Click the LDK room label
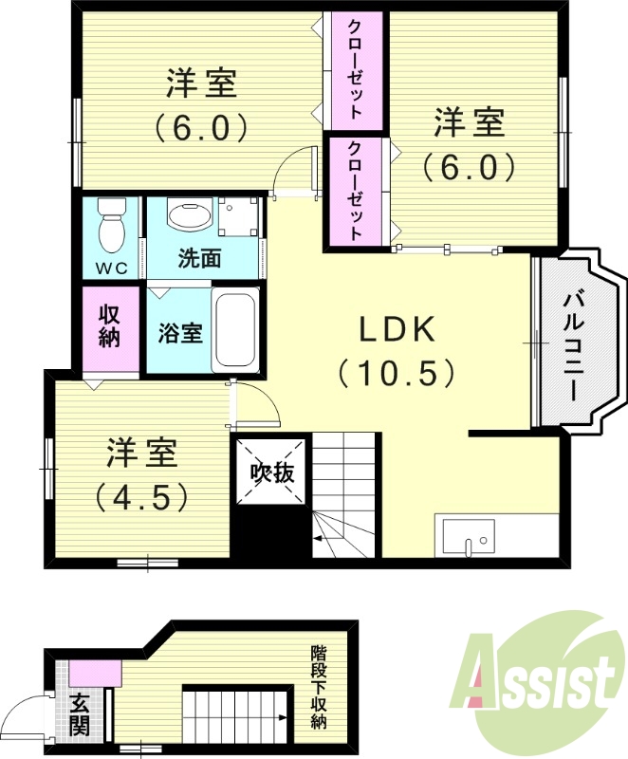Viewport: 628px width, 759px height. point(397,329)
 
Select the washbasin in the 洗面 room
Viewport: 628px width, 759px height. point(191,215)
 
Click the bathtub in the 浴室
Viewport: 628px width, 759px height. point(235,331)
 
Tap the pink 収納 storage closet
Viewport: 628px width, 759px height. point(109,325)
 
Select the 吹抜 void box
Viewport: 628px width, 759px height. point(270,472)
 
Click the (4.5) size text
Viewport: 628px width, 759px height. point(140,495)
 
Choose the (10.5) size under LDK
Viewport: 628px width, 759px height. point(397,373)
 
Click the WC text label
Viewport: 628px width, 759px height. point(112,268)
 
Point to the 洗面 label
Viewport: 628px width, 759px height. point(200,258)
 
